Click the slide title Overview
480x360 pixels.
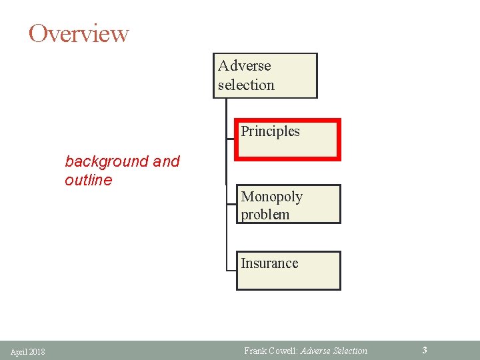[x=79, y=33]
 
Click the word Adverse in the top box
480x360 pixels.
[x=245, y=66]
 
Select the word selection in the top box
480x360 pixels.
[x=246, y=85]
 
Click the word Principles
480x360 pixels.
[x=270, y=131]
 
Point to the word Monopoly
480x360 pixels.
[x=271, y=197]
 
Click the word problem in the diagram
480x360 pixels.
[x=265, y=215]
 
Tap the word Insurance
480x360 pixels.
[x=269, y=263]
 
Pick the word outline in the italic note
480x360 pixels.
[x=89, y=180]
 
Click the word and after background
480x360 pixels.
[x=167, y=162]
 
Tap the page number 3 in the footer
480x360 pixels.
[x=425, y=350]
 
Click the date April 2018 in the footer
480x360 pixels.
[x=28, y=351]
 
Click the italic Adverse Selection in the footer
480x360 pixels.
[x=334, y=351]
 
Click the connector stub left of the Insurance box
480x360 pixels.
[x=231, y=271]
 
